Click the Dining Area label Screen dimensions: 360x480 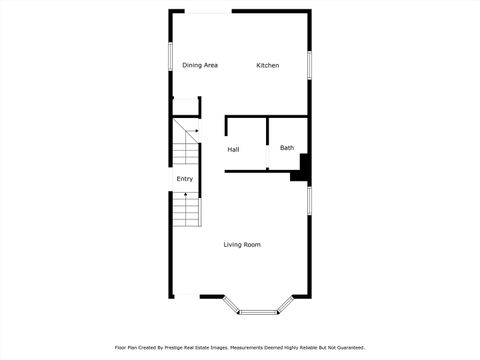tap(200, 65)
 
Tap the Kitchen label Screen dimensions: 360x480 tap(267, 65)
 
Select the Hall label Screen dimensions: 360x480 tap(233, 149)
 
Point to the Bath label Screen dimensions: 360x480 tap(287, 148)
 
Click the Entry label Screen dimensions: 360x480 tap(185, 179)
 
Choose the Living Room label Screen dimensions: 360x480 tap(242, 244)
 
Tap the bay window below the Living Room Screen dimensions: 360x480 tap(256, 307)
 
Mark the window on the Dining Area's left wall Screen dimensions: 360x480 tap(170, 58)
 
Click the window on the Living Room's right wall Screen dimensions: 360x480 tap(310, 199)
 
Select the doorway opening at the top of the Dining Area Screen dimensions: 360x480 tap(208, 11)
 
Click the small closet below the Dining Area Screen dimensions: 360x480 tap(185, 108)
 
